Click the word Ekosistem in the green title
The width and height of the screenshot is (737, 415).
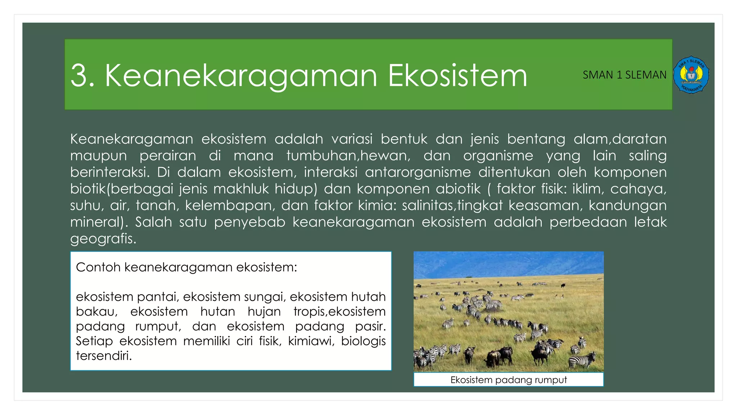pyautogui.click(x=457, y=76)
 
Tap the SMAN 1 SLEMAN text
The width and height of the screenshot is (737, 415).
pyautogui.click(x=624, y=75)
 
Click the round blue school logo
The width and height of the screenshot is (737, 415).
pyautogui.click(x=691, y=75)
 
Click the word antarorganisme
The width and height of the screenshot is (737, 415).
pyautogui.click(x=417, y=172)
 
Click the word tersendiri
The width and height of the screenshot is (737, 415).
pyautogui.click(x=104, y=356)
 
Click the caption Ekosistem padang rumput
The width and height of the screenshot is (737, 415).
pyautogui.click(x=508, y=380)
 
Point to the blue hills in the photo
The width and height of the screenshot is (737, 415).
pyautogui.click(x=508, y=263)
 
